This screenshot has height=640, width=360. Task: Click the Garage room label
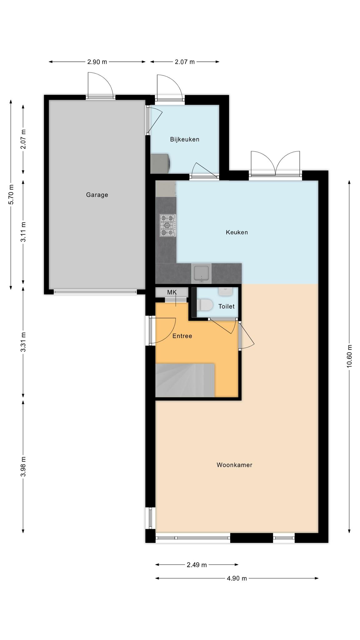pos(97,195)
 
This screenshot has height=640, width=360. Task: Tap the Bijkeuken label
pos(184,139)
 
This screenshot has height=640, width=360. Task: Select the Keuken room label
pos(237,232)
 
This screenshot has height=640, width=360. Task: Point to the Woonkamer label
pos(234,465)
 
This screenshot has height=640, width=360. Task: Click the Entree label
pos(182,336)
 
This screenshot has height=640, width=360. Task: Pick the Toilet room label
pos(226,307)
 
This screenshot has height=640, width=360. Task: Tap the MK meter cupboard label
pos(172,292)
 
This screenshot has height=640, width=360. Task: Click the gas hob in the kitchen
pos(168,225)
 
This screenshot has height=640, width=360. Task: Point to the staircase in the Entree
pos(185,380)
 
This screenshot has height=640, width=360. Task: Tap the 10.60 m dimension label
pos(349,356)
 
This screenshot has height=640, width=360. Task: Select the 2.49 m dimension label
pos(197,565)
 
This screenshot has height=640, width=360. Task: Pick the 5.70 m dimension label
pos(11,195)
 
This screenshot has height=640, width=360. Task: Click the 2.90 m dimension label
pos(97,62)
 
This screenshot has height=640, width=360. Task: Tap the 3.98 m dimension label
pos(23,467)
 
